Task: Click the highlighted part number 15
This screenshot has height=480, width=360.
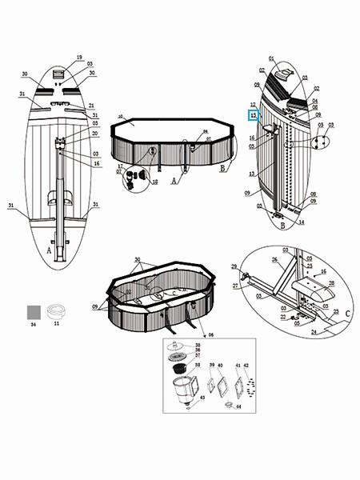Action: click(254, 115)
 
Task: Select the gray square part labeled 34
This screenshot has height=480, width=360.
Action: click(34, 310)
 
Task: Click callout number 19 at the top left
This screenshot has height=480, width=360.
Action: click(79, 58)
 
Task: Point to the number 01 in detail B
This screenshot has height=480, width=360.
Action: click(271, 59)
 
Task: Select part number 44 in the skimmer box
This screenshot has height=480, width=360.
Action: click(238, 406)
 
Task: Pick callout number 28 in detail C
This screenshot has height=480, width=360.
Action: click(332, 283)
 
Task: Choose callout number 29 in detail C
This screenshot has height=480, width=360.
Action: click(234, 266)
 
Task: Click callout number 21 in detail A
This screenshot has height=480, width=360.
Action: click(91, 106)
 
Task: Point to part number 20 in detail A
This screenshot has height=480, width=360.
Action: click(94, 134)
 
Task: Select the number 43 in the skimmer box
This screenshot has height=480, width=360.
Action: click(203, 398)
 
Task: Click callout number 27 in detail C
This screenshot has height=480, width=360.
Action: click(236, 285)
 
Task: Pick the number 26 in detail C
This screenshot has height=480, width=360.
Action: click(274, 259)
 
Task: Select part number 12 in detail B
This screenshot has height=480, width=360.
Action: click(253, 105)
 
